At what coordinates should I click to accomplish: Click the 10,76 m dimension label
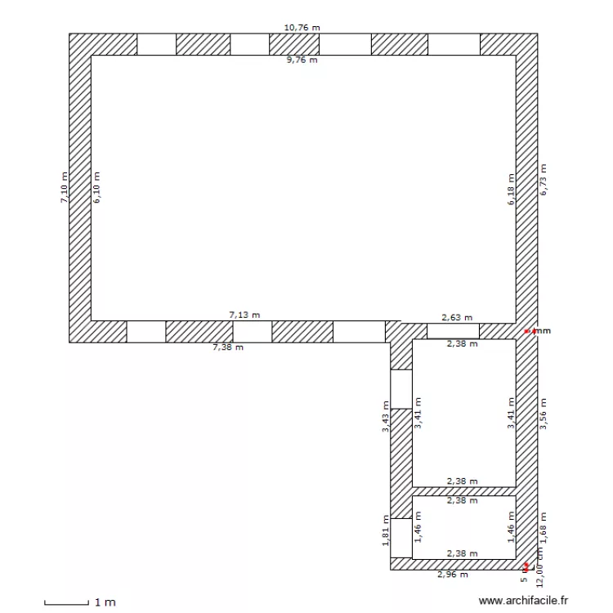coord(302,27)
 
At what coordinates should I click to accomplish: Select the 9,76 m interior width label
coord(302,60)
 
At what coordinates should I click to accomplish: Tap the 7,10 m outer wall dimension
coord(64,187)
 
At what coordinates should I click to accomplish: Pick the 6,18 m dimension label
coord(511,189)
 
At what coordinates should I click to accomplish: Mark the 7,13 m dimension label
coord(244,314)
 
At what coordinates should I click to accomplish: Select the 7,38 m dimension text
coord(228,347)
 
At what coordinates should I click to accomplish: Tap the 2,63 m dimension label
coord(457,318)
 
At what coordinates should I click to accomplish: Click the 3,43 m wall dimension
coord(386,416)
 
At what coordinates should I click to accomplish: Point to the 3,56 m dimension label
coord(543,414)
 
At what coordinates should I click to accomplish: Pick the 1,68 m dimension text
coord(543,527)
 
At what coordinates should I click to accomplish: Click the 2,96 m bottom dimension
coord(453,575)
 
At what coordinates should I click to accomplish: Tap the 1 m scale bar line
coord(65,603)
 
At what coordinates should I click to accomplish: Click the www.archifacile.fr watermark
coord(523,601)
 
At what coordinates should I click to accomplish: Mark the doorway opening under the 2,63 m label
coord(453,331)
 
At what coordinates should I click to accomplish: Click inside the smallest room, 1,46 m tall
coord(463,529)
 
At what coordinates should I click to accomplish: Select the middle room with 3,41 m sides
coord(463,413)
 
